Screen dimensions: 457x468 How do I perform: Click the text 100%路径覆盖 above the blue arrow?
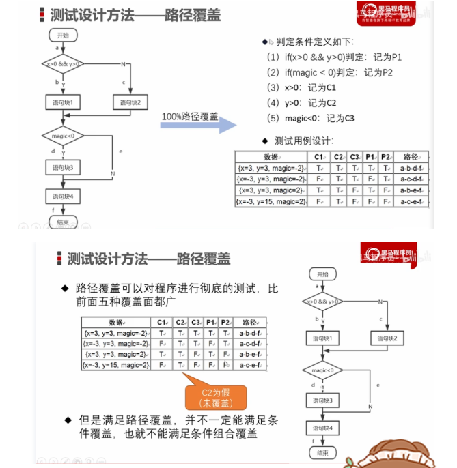(189, 117)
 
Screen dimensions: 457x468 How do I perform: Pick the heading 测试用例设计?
(303, 141)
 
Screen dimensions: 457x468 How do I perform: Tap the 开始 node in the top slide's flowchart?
(63, 34)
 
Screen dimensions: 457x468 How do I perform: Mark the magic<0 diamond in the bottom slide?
(322, 370)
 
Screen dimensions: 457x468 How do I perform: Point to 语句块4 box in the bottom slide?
(322, 428)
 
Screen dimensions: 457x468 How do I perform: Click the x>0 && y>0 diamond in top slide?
(63, 64)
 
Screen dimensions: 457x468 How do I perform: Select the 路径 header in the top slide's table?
(411, 157)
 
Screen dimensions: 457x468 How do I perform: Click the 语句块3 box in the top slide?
(63, 167)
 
